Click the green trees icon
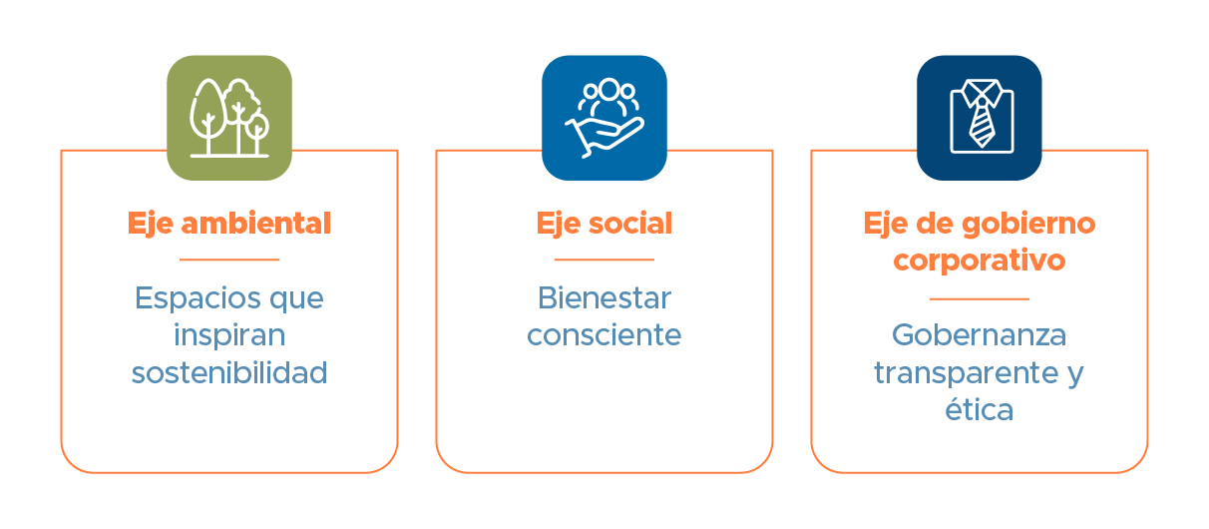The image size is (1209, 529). coord(229,118)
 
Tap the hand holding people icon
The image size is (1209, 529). coord(604,118)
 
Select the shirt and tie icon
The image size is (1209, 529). coord(980,118)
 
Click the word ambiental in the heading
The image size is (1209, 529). coord(255,223)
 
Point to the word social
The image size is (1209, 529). coord(630,223)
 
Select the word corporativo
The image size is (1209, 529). coord(980,262)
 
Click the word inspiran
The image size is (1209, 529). coord(229,335)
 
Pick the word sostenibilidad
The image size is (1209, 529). coord(229,372)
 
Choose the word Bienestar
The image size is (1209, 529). coord(604,298)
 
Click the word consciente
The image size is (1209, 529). coord(604,335)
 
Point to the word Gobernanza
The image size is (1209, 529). coord(980,335)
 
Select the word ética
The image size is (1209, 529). coord(980,409)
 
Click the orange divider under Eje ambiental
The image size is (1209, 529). coord(229,260)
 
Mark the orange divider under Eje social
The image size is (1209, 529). coord(604,260)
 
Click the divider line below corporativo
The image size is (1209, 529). coord(980,298)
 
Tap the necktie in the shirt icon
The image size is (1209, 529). coord(982,123)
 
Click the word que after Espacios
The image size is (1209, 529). coord(296,300)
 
